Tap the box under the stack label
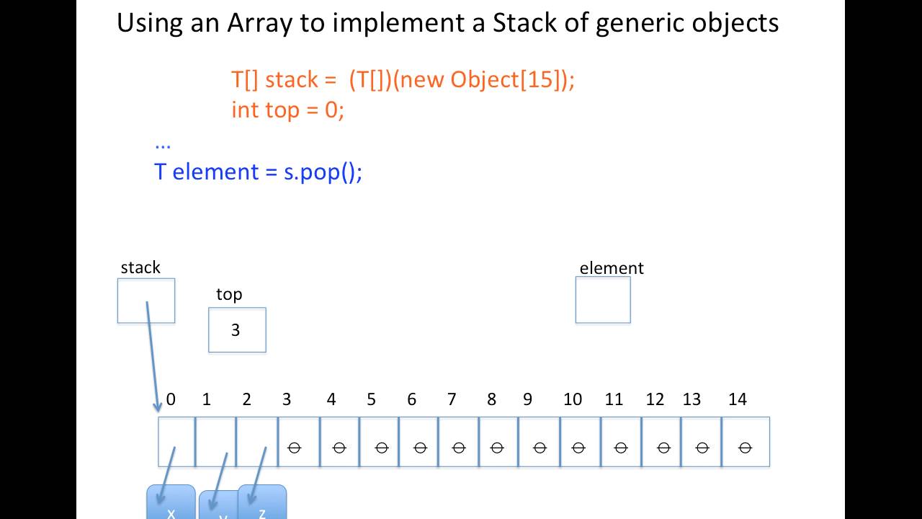146,301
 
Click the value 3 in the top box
236,330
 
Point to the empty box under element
603,300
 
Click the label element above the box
611,268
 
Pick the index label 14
738,399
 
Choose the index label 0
171,399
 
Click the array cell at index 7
458,442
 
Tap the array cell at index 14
746,442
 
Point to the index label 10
573,399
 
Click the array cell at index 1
215,442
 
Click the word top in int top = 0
282,110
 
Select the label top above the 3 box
229,294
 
